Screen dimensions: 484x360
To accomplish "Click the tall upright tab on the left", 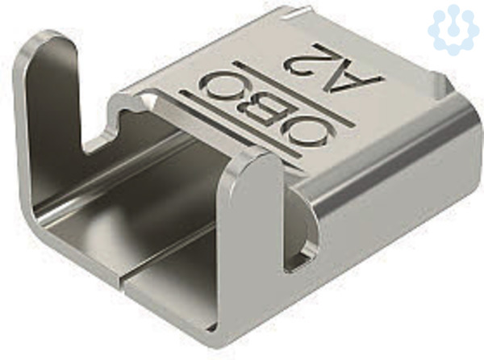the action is [52, 93].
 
